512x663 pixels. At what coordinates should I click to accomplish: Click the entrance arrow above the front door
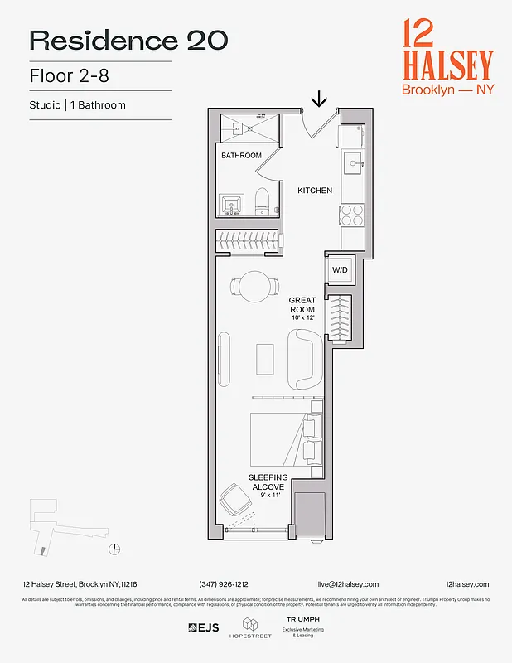[319, 100]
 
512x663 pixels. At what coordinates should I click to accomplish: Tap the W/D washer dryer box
[341, 269]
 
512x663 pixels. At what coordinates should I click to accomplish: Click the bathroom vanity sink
[232, 204]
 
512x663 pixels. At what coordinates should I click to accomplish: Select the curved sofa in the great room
[303, 359]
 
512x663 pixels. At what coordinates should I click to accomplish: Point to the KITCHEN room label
[315, 191]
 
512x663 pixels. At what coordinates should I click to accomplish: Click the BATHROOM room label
[241, 156]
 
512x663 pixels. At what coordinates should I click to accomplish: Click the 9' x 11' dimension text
[268, 496]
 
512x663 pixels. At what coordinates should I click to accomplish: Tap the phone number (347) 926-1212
[224, 584]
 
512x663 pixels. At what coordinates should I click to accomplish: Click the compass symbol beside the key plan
[115, 549]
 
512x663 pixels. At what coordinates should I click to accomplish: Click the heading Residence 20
[128, 40]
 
